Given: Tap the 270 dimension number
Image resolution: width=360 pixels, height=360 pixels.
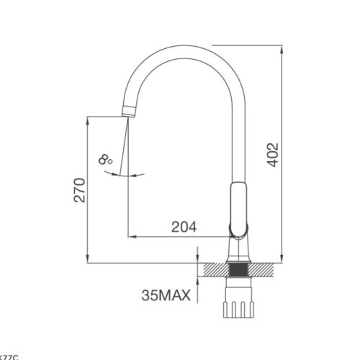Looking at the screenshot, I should click(x=80, y=189).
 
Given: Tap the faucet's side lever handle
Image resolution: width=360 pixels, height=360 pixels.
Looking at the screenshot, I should click(x=238, y=209).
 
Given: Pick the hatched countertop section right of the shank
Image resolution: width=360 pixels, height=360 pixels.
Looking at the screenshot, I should click(x=262, y=269).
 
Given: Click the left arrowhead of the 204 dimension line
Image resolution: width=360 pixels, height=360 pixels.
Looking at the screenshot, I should click(x=131, y=235).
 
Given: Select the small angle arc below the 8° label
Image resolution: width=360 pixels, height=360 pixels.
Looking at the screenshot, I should click(x=126, y=175).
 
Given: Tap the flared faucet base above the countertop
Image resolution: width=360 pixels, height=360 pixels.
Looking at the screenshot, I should click(x=238, y=252).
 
